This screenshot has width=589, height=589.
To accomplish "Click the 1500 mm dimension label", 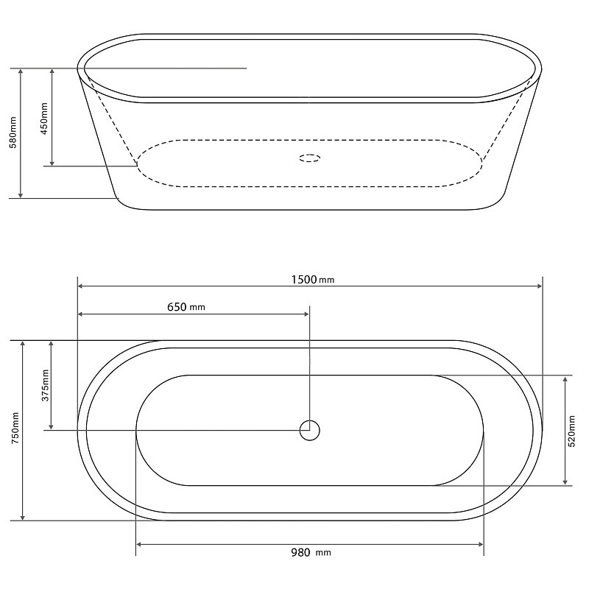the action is coord(312,280).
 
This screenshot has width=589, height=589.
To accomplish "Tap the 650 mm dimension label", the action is coord(186,307).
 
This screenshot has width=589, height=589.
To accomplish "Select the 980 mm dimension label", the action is coord(311,553).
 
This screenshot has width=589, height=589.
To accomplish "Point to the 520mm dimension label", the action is coord(572,431).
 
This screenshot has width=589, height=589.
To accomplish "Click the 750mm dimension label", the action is coord(15,428).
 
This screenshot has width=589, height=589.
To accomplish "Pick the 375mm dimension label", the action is coord(45,385).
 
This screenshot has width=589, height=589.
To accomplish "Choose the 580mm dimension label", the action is coord(13,133).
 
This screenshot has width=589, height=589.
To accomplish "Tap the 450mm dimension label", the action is coord(44,119).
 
